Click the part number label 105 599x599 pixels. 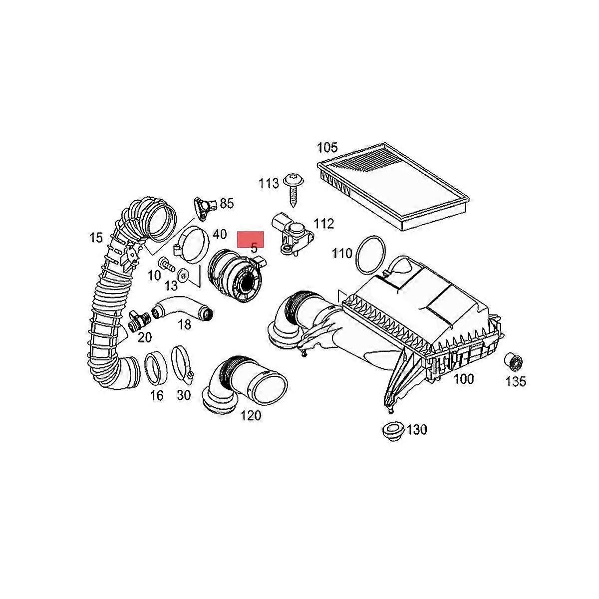(x=327, y=148)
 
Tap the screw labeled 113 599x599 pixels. (x=294, y=190)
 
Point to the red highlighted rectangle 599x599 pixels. (x=251, y=239)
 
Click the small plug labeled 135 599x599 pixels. (x=513, y=361)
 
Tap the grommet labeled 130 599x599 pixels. (x=393, y=431)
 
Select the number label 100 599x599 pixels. (x=464, y=379)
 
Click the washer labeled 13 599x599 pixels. (x=183, y=276)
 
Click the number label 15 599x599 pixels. (x=96, y=238)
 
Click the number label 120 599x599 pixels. (x=251, y=415)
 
